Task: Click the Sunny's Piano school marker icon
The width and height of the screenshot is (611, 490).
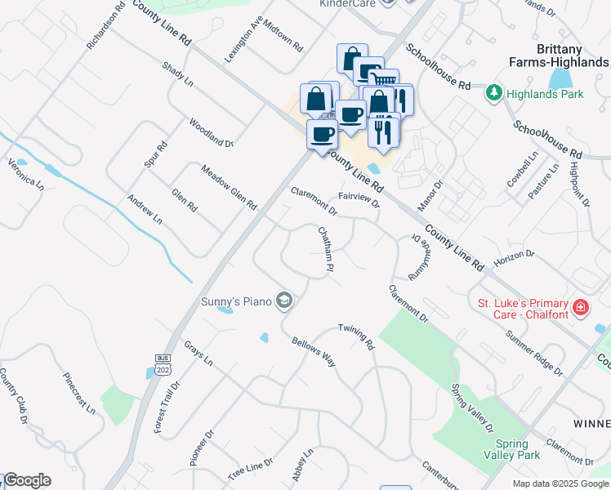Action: click(283, 301)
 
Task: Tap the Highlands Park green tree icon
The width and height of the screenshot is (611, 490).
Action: click(493, 94)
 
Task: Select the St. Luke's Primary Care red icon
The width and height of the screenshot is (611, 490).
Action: click(580, 308)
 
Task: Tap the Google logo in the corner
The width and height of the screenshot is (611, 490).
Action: click(26, 480)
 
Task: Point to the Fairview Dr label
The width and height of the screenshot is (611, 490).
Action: click(359, 200)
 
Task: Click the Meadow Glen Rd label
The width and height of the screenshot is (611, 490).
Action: click(229, 186)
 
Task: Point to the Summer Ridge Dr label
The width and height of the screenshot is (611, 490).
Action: click(534, 353)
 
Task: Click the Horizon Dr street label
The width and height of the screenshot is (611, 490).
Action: click(514, 258)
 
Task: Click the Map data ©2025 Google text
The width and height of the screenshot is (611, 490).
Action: click(560, 483)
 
